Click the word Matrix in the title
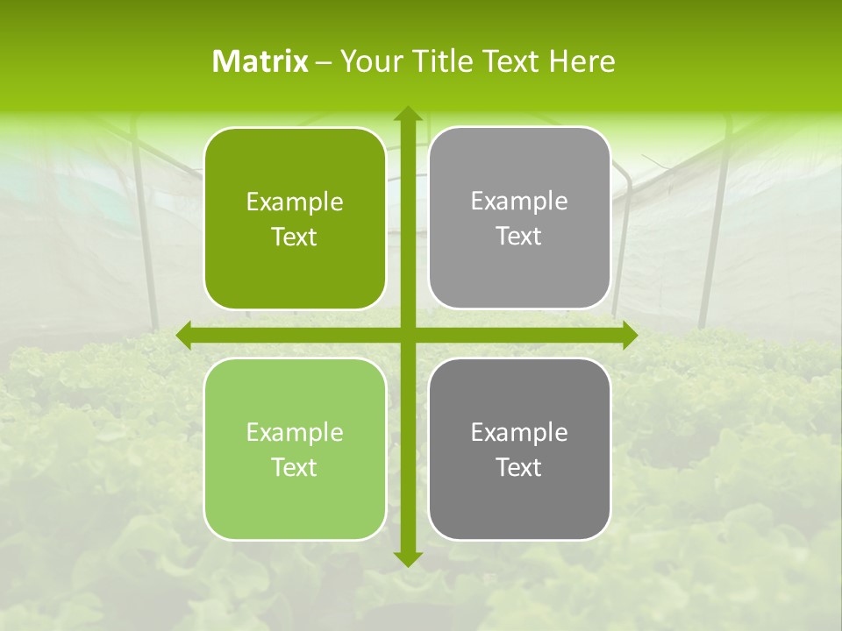pyautogui.click(x=260, y=61)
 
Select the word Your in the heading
pyautogui.click(x=370, y=61)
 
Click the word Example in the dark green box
pyautogui.click(x=295, y=202)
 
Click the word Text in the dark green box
pyautogui.click(x=295, y=238)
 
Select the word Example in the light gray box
pyautogui.click(x=519, y=202)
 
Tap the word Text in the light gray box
pyautogui.click(x=519, y=237)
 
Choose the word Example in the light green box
pyautogui.click(x=295, y=433)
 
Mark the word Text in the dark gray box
pyautogui.click(x=519, y=468)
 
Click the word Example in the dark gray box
pyautogui.click(x=519, y=433)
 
